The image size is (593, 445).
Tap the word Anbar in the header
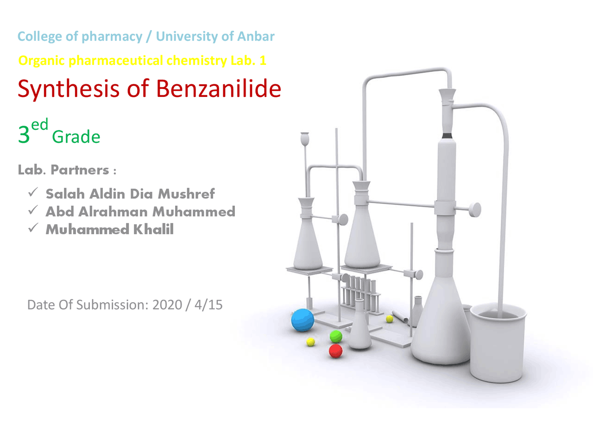256,36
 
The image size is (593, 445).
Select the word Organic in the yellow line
42,61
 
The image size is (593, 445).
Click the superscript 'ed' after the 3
40,124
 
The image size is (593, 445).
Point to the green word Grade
76,137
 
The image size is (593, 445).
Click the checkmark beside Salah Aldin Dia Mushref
32,192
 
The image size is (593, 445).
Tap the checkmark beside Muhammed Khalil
32,228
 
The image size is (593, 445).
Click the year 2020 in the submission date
167,305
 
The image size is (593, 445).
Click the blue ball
303,320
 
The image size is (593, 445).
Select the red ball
335,351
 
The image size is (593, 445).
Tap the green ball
336,337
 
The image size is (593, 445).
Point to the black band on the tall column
447,136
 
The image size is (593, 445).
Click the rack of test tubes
361,292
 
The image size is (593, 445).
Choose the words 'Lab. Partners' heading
63,170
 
